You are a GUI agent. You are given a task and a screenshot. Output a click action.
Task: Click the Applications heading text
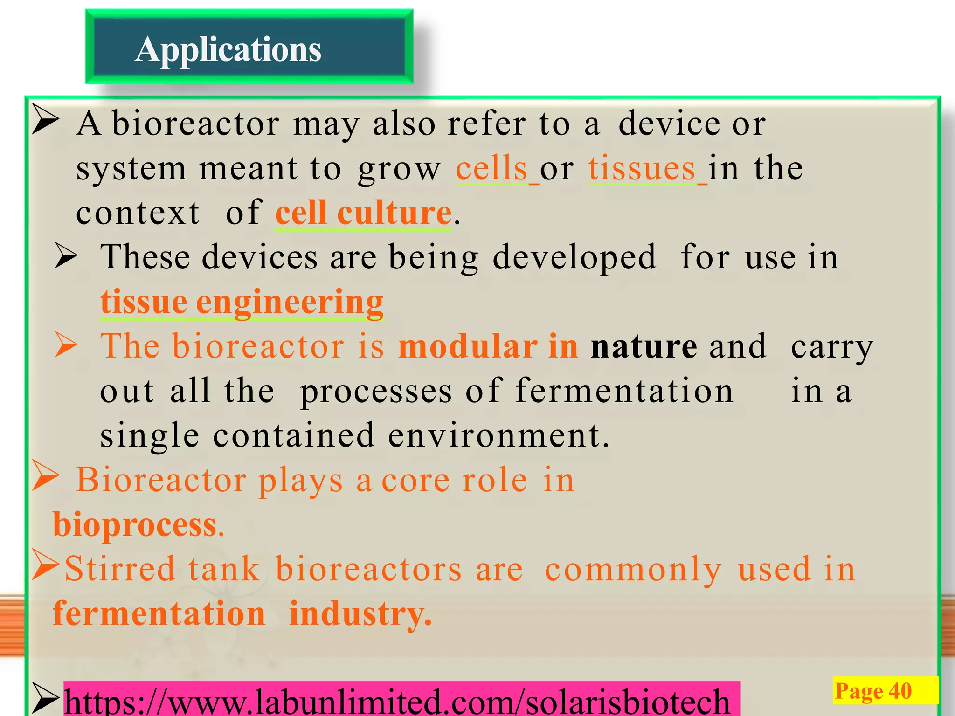coord(228,49)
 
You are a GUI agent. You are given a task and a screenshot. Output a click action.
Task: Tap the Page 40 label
coord(873,691)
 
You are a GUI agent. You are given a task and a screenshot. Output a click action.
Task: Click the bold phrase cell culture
coord(363,213)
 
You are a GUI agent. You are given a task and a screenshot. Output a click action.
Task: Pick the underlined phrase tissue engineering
coord(242,302)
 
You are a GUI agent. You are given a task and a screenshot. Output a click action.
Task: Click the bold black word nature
coord(644,346)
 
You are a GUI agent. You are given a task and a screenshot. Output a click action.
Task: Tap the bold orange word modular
coord(468,346)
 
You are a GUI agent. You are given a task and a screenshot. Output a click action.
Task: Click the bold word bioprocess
coord(135,524)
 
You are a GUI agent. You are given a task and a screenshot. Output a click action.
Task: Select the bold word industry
coord(360,613)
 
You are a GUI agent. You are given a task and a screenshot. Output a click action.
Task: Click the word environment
coord(498,435)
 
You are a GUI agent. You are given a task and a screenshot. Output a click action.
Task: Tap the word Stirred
coord(120,569)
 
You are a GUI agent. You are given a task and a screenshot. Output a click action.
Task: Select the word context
coord(138,213)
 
